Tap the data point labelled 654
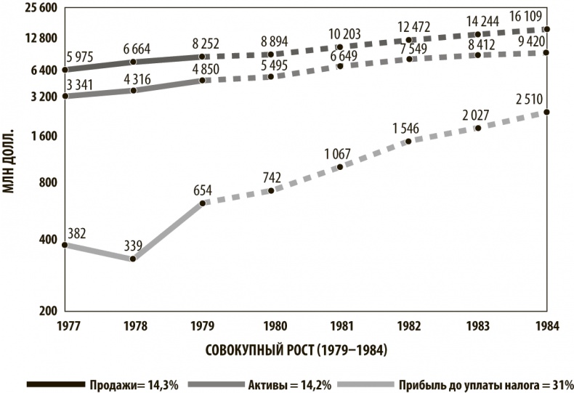tap(202, 202)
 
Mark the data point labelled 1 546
tap(408, 141)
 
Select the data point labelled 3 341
tap(65, 96)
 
